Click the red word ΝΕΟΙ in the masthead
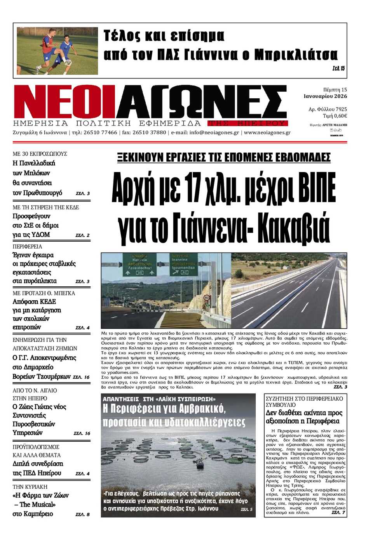coord(64,102)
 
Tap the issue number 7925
coord(341,109)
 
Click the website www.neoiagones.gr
coord(267,132)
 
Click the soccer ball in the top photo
coord(69,62)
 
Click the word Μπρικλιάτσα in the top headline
coord(296,55)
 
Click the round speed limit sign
coord(207,298)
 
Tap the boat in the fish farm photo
coord(200,463)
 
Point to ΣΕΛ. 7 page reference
coord(338,512)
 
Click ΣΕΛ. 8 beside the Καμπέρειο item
coord(82,514)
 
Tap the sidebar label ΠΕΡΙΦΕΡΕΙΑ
coord(28,247)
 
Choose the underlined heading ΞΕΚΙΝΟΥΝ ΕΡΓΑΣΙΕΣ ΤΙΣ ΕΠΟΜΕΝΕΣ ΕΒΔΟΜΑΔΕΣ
coord(224,157)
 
